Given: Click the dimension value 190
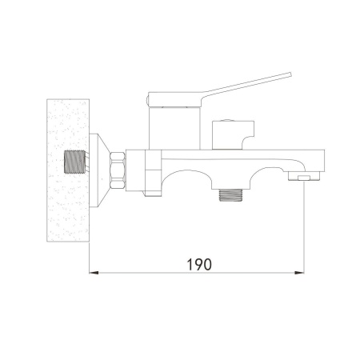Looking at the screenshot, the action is pyautogui.click(x=199, y=264).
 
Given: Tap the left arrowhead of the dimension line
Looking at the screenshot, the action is pyautogui.click(x=94, y=273).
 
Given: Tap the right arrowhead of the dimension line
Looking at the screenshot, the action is pyautogui.click(x=299, y=273).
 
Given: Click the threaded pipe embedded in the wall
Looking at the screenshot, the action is pyautogui.click(x=75, y=162).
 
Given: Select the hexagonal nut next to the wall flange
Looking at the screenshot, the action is pyautogui.click(x=118, y=170).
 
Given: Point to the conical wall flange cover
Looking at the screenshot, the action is pyautogui.click(x=98, y=170).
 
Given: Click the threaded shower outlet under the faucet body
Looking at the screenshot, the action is pyautogui.click(x=230, y=195).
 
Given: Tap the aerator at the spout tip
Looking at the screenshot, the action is pyautogui.click(x=304, y=176).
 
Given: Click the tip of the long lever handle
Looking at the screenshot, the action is pyautogui.click(x=290, y=74).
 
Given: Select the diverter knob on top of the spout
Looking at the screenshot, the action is pyautogui.click(x=233, y=135).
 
